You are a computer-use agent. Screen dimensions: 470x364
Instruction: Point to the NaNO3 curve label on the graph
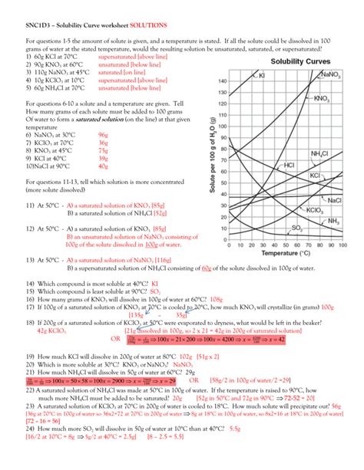(332, 75)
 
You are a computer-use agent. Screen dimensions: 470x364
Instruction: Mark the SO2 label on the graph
(274, 228)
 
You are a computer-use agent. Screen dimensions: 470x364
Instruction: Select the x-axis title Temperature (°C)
(285, 251)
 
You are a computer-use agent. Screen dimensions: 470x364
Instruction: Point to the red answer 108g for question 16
(217, 300)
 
